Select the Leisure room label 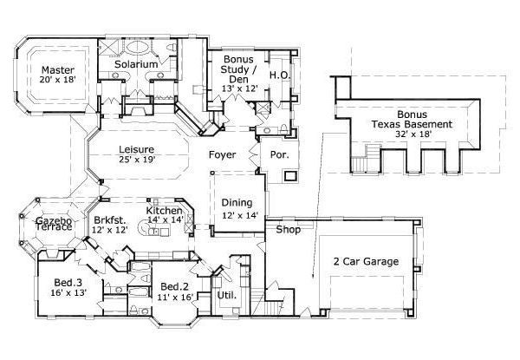click(136, 148)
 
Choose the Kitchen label click(163, 211)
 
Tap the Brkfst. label click(110, 219)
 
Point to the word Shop click(288, 230)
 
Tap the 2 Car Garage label click(366, 260)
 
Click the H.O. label click(279, 75)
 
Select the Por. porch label click(280, 155)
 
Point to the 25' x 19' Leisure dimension click(136, 160)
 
